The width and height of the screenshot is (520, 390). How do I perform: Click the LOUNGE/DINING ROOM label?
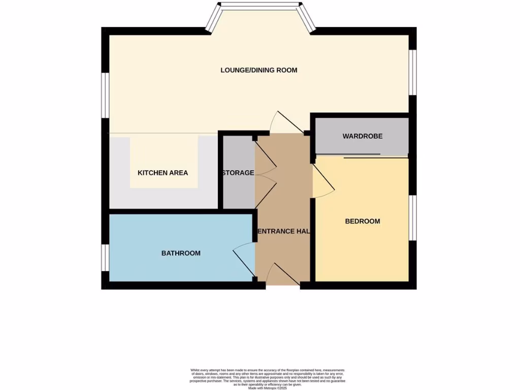point(258,70)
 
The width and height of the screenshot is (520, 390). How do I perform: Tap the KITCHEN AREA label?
point(162,173)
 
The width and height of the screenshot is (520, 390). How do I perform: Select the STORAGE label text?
point(238,173)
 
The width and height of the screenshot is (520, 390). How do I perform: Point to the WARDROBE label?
point(362,136)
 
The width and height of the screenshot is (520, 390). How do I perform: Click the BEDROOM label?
point(363,221)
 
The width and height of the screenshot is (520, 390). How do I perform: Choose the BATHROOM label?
point(181,253)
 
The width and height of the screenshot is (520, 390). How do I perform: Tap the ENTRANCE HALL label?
point(283,231)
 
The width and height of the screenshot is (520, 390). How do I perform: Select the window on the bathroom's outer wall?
point(104,257)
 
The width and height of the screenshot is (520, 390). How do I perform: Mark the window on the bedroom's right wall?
point(413,217)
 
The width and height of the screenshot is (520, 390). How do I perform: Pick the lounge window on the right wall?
point(413,72)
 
